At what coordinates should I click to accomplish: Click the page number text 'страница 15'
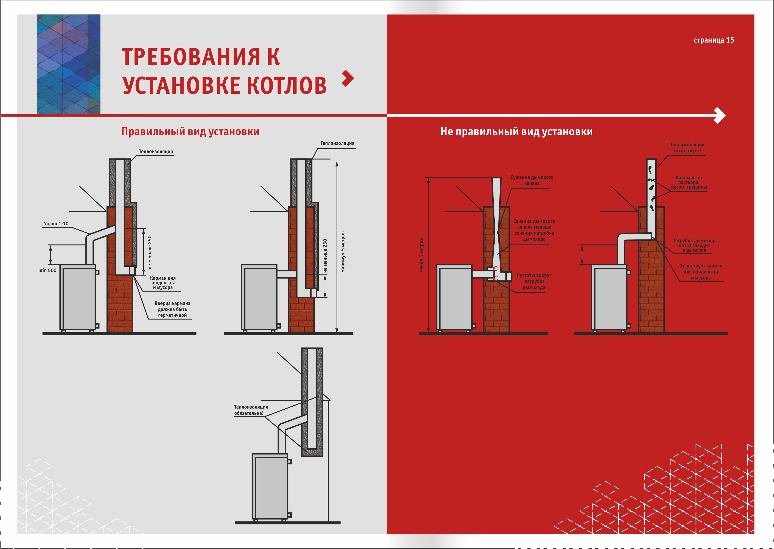(x=713, y=40)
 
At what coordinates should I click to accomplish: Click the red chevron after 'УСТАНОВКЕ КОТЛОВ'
(x=348, y=78)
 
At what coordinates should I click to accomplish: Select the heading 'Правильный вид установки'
(x=190, y=131)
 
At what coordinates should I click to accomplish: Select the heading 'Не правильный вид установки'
(x=516, y=131)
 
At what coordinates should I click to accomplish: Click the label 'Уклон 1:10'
(x=56, y=224)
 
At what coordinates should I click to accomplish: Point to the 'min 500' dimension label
(x=47, y=270)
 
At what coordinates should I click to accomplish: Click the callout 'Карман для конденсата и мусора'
(x=163, y=283)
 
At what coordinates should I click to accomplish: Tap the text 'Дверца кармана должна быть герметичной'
(x=172, y=309)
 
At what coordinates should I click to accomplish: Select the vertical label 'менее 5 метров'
(x=421, y=255)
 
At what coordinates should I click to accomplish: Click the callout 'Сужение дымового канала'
(x=532, y=180)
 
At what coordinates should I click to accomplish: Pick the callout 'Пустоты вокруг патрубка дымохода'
(x=534, y=281)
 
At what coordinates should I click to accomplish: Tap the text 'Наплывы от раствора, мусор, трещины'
(x=689, y=183)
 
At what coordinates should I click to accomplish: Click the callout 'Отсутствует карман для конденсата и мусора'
(x=701, y=272)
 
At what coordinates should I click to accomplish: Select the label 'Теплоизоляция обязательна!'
(x=251, y=410)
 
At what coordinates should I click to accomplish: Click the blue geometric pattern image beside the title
(x=69, y=64)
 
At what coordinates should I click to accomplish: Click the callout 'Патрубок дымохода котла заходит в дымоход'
(x=694, y=245)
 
